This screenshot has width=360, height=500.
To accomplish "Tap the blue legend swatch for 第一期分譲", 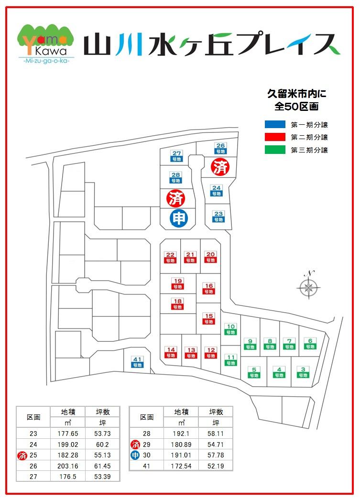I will click(x=275, y=125).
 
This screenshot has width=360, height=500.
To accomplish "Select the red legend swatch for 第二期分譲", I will click(x=275, y=137).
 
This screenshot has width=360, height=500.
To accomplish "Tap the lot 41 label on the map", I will click(x=138, y=362).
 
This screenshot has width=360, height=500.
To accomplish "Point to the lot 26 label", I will click(x=220, y=148).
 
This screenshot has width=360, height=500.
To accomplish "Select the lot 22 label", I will click(x=170, y=257).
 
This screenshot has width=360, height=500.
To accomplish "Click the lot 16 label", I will click(x=208, y=289).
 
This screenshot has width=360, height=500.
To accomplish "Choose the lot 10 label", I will click(x=230, y=329).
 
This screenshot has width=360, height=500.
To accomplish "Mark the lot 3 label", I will click(x=302, y=372).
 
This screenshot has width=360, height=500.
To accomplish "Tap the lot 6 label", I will click(x=310, y=343).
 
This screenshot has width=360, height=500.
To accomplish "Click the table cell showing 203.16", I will click(x=67, y=466).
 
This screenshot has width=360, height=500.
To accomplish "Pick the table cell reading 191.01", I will click(x=181, y=455).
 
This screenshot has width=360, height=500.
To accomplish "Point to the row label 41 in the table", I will click(x=147, y=466).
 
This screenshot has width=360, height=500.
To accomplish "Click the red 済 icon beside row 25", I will click(x=22, y=455).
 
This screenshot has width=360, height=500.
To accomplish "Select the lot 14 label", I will click(x=170, y=352).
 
